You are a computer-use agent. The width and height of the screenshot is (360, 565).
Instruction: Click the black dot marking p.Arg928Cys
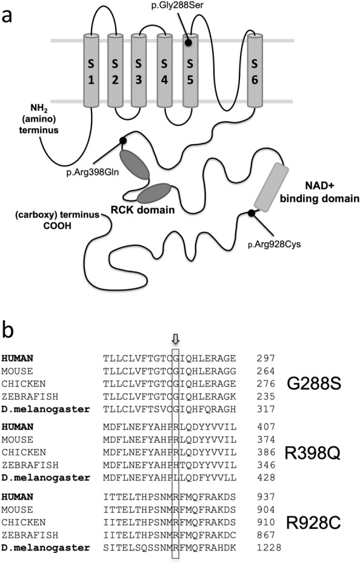(252, 213)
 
